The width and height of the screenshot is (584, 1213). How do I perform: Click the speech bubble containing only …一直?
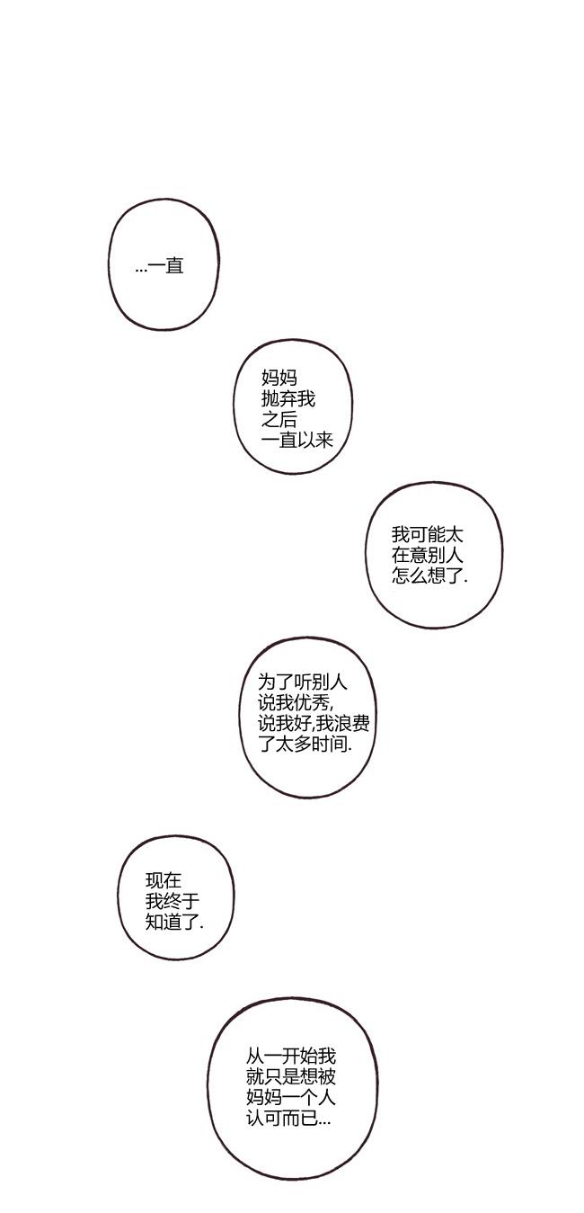coord(163,265)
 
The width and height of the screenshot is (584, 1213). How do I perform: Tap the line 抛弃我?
coord(288,399)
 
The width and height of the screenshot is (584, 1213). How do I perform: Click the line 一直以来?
coord(297,441)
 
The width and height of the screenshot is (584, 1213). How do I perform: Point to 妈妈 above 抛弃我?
coord(279,378)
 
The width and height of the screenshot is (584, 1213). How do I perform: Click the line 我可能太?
coord(428,535)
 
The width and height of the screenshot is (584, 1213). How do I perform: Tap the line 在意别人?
coord(428,556)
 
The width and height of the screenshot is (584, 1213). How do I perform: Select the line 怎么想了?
coord(429,576)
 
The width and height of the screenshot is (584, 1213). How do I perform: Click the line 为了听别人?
coord(302,682)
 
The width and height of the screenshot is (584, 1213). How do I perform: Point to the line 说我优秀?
coord(296,702)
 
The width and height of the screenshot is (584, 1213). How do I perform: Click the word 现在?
coord(164,880)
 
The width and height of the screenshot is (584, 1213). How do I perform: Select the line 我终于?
coord(173,901)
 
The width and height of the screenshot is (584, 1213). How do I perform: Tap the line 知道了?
coord(174,923)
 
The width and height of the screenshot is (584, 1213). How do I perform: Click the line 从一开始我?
coord(290,1057)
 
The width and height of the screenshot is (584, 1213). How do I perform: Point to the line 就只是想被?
coord(290,1077)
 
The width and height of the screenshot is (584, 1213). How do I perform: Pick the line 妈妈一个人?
coord(290,1098)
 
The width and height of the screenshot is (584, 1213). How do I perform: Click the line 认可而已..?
coord(288,1119)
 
